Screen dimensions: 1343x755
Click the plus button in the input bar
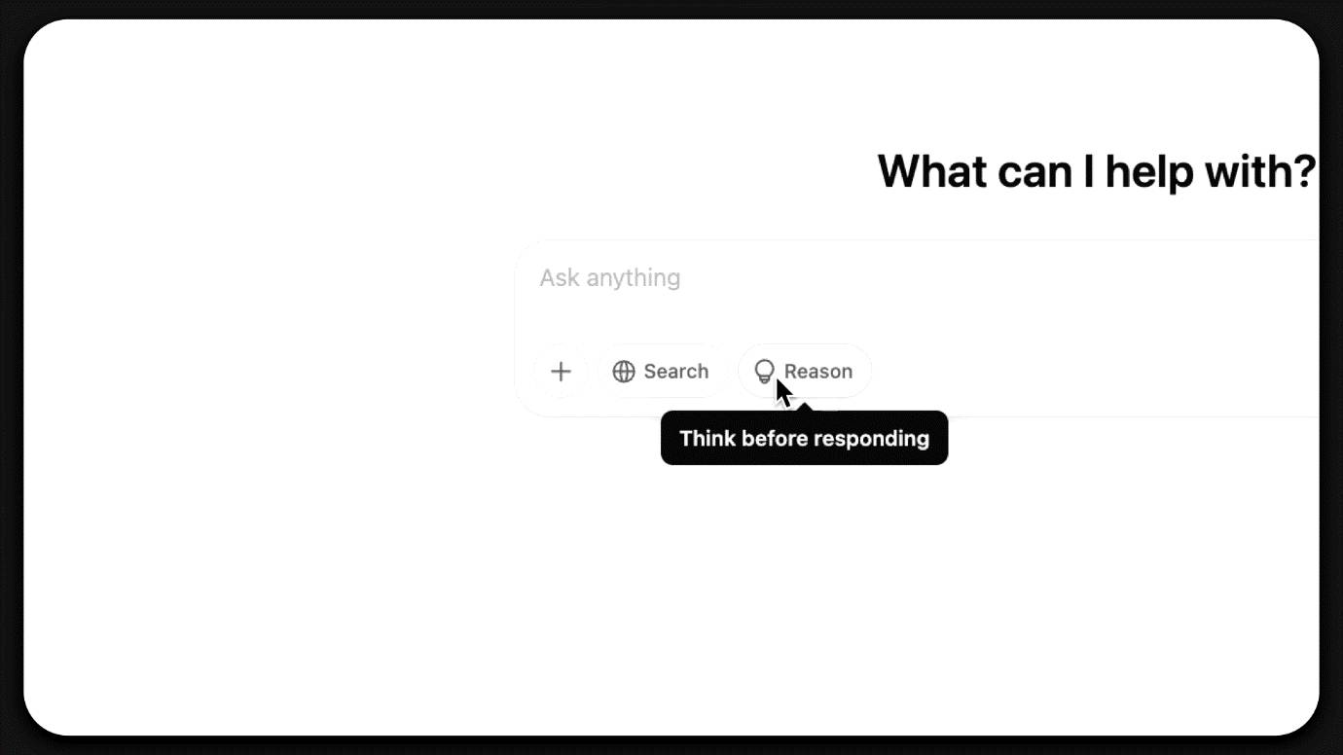pyautogui.click(x=561, y=372)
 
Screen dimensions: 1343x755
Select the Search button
pyautogui.click(x=661, y=372)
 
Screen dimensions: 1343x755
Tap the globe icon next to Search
pyautogui.click(x=624, y=372)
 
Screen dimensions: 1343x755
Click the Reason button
pyautogui.click(x=804, y=372)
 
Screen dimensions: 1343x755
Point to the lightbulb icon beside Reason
pyautogui.click(x=764, y=372)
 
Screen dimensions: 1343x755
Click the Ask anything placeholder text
pyautogui.click(x=610, y=278)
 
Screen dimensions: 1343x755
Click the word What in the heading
pyautogui.click(x=931, y=171)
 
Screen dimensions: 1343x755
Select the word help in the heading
pyautogui.click(x=1150, y=174)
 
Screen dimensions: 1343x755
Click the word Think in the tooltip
pyautogui.click(x=708, y=439)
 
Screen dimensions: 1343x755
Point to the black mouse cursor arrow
pyautogui.click(x=783, y=392)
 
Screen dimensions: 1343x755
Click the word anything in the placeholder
pyautogui.click(x=634, y=279)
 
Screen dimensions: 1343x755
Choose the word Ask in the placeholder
pyautogui.click(x=560, y=278)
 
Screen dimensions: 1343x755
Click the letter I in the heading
pyautogui.click(x=1089, y=171)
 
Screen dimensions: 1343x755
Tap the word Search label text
pyautogui.click(x=676, y=372)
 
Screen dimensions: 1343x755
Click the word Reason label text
pyautogui.click(x=818, y=372)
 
